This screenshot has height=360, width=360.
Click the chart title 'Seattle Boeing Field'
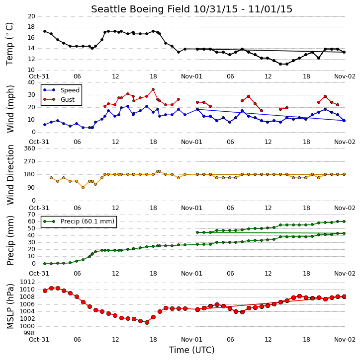click(x=140, y=9)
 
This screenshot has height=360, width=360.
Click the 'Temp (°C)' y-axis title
click(x=9, y=44)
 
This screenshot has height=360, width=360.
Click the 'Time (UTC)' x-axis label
click(x=192, y=350)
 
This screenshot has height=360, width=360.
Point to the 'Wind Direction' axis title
click(x=10, y=175)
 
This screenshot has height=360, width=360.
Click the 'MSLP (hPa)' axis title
click(x=10, y=306)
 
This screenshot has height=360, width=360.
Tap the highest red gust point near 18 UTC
click(x=153, y=89)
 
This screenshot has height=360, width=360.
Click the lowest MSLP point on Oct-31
click(x=147, y=323)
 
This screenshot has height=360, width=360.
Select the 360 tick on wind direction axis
click(x=30, y=148)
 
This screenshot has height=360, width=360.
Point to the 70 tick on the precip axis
click(x=31, y=215)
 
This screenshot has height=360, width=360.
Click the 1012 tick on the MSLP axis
click(x=27, y=282)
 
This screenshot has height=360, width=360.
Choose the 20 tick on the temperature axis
click(x=31, y=16)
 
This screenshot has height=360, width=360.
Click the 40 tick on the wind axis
click(x=31, y=82)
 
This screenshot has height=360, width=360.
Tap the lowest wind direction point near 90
click(x=83, y=188)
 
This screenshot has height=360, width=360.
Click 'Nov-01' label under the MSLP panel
click(x=191, y=339)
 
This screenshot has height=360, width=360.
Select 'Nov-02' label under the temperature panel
click(x=345, y=76)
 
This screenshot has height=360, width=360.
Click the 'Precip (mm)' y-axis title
click(x=10, y=241)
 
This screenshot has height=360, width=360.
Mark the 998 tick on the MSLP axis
click(x=30, y=333)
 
